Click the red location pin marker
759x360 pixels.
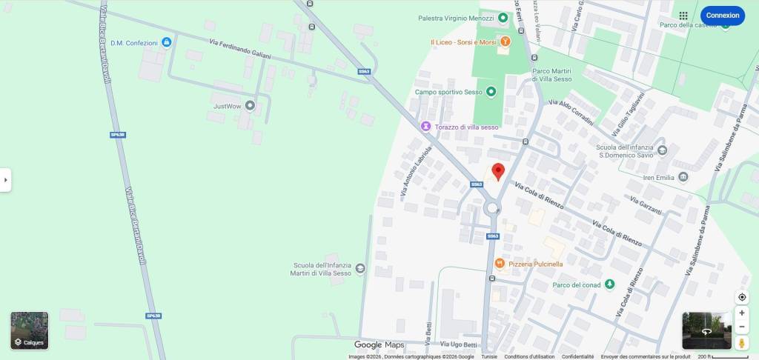tap(498, 171)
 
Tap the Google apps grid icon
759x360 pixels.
tap(683, 16)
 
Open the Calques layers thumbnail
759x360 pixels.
tap(29, 330)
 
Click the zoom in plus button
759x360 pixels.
tap(742, 313)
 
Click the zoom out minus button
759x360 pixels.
tap(742, 327)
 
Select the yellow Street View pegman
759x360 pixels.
tap(742, 344)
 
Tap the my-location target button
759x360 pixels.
tap(742, 297)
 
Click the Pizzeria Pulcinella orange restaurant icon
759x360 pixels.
tap(500, 263)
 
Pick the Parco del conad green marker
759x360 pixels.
tap(609, 284)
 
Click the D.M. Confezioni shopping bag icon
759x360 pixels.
tap(167, 43)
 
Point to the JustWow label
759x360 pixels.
tap(228, 107)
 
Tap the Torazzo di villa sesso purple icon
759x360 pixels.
tap(425, 127)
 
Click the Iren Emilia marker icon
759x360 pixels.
tap(683, 177)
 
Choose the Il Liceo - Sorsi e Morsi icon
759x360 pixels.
tap(505, 42)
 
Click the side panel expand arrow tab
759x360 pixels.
tap(5, 179)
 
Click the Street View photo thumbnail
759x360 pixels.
tap(706, 330)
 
